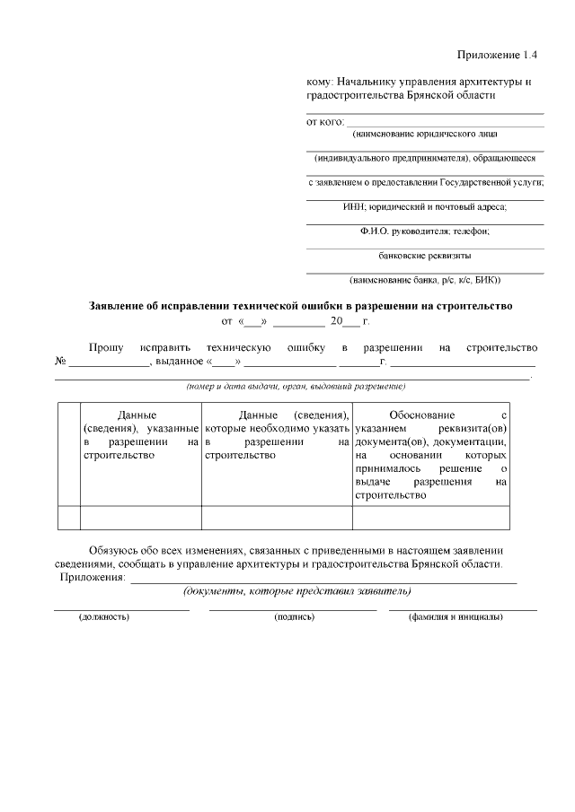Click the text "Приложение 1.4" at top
pyautogui.click(x=497, y=56)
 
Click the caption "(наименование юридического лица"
pyautogui.click(x=424, y=134)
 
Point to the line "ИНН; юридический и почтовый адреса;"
pyautogui.click(x=425, y=206)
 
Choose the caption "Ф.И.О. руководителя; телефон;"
pyautogui.click(x=424, y=231)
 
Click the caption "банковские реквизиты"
pyautogui.click(x=424, y=255)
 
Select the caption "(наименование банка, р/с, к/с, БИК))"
pyautogui.click(x=424, y=279)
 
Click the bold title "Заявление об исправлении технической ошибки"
pyautogui.click(x=301, y=306)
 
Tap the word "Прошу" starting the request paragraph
pyautogui.click(x=106, y=347)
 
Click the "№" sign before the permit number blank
pyautogui.click(x=61, y=362)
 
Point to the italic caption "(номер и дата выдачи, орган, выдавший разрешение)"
pyautogui.click(x=296, y=387)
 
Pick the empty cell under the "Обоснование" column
pyautogui.click(x=430, y=518)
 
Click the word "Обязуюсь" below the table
pyautogui.click(x=112, y=550)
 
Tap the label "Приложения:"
pyautogui.click(x=93, y=577)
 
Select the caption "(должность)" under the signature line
pyautogui.click(x=104, y=617)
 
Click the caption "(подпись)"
pyautogui.click(x=294, y=617)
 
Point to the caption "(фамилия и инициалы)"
pyautogui.click(x=455, y=617)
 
